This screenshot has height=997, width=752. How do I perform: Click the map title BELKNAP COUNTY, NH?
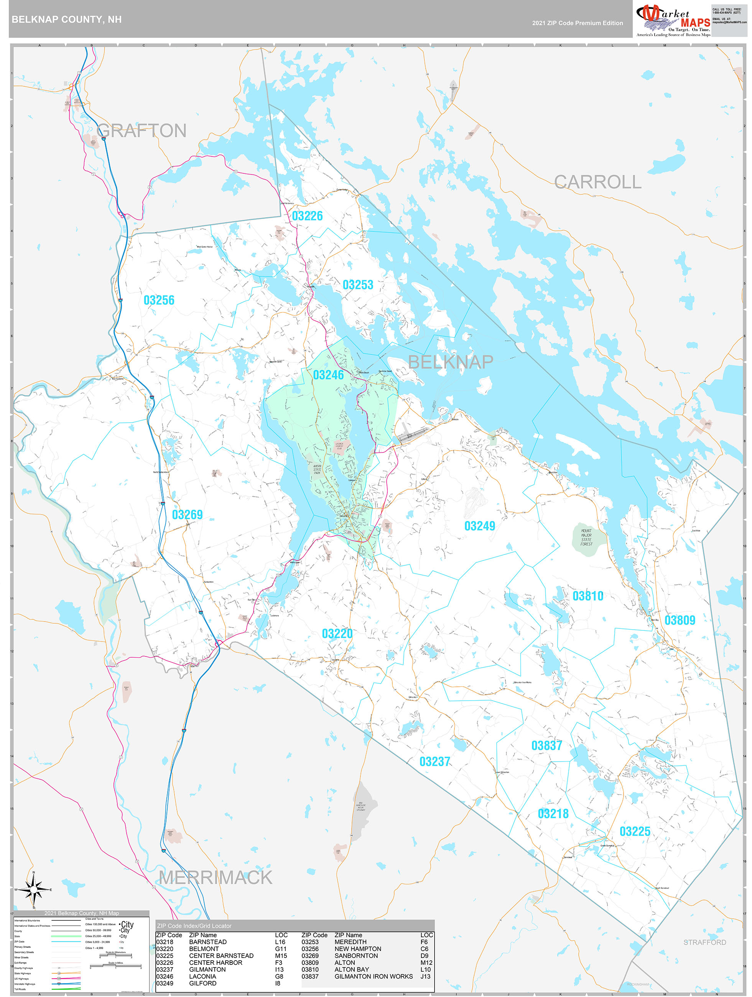click(x=66, y=20)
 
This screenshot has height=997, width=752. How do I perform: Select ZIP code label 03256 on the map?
click(x=159, y=300)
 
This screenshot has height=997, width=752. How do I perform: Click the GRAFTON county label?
click(x=141, y=131)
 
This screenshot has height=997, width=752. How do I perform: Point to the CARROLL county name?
click(x=597, y=182)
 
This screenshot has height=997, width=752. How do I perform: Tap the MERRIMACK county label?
click(x=216, y=878)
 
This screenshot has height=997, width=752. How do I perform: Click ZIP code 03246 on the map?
click(x=328, y=375)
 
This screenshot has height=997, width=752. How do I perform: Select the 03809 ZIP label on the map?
click(x=680, y=620)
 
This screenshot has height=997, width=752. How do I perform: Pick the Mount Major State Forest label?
click(x=586, y=537)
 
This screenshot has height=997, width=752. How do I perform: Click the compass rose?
click(x=33, y=889)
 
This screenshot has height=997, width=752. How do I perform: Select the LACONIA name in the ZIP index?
click(x=202, y=976)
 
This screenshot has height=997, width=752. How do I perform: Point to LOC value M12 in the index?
click(x=426, y=963)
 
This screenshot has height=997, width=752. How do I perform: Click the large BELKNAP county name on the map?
click(x=450, y=362)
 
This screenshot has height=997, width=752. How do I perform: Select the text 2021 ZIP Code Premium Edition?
click(x=577, y=23)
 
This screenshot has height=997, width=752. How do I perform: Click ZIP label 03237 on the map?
click(x=434, y=762)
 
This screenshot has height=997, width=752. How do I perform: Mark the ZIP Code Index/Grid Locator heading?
click(x=194, y=926)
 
